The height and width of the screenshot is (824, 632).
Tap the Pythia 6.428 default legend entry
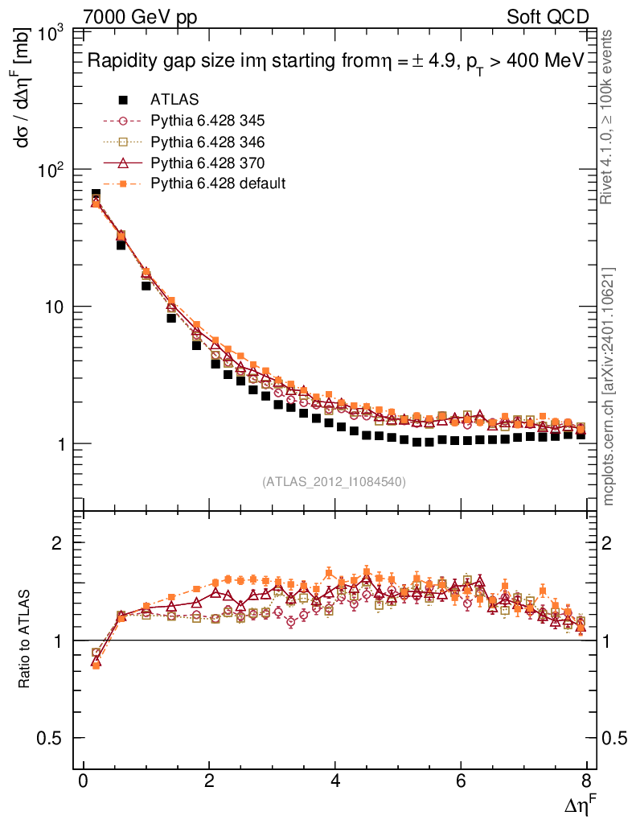pyautogui.click(x=217, y=183)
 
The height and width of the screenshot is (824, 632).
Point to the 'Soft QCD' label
pyautogui.click(x=547, y=17)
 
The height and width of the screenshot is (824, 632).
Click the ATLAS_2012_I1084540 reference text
pyautogui.click(x=334, y=482)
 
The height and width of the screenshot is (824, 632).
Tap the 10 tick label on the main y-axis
pyautogui.click(x=56, y=307)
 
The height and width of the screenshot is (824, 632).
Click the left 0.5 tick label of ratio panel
pyautogui.click(x=54, y=738)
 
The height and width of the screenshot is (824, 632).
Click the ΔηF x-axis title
pyautogui.click(x=579, y=805)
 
